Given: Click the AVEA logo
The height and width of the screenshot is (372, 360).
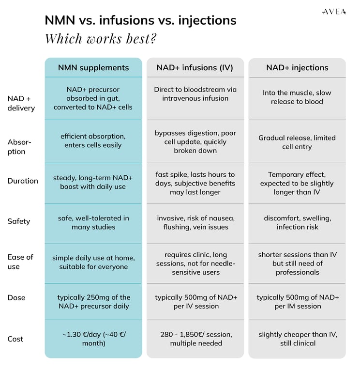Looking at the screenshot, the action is point(334,12).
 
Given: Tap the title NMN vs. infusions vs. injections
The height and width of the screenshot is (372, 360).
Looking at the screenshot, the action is point(140,20).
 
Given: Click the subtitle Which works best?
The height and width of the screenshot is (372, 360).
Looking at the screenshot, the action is point(101,38).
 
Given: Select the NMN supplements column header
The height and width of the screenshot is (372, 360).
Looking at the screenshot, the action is point(93,68).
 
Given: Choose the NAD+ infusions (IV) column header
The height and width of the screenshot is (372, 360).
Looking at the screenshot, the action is point(195,68).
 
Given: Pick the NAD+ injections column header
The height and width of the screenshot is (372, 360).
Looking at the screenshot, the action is point(297,68).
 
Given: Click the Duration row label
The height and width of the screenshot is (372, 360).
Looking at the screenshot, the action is point(23,181).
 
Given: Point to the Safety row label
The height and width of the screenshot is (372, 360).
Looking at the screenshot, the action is point(19,221).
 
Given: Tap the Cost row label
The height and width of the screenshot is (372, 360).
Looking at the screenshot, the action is point(15,339).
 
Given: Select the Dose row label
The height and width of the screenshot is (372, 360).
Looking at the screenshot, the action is point(16,298).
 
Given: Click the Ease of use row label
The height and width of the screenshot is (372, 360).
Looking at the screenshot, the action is point(20,262).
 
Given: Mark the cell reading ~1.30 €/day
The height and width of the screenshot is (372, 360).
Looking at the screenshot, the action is point(94,339).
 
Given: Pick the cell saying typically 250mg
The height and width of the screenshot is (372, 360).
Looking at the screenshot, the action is point(93,302).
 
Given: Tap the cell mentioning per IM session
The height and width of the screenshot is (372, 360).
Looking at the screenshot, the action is point(298,302).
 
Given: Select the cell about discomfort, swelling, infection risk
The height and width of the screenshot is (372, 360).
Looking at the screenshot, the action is point(298,222).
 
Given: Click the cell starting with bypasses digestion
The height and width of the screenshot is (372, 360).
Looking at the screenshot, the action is point(195,141).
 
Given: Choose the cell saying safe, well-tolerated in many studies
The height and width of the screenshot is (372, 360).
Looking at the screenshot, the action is point(93,222).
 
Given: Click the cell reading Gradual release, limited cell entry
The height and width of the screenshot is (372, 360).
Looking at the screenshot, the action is point(297,142).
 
